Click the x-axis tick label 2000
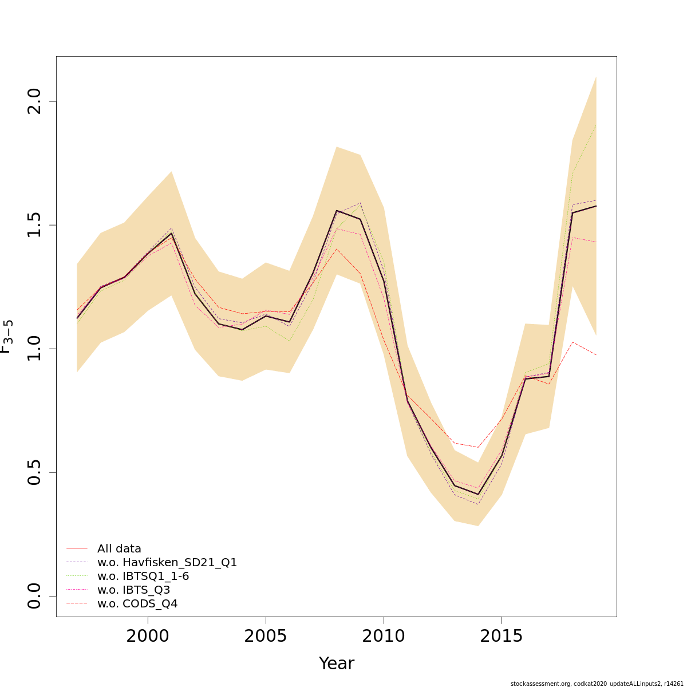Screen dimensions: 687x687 [148, 636]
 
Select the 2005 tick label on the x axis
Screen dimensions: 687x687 [266, 636]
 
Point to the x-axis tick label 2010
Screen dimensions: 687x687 [384, 636]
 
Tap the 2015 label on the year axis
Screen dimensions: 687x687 [502, 636]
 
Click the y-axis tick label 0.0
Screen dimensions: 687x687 [34, 596]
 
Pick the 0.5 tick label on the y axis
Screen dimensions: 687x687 [34, 472]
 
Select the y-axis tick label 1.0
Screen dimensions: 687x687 [34, 349]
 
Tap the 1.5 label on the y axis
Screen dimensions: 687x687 [34, 225]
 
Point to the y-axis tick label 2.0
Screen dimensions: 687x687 [34, 101]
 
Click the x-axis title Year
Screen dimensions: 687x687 [337, 664]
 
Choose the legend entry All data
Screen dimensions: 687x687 [119, 548]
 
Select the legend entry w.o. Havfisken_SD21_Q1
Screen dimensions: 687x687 [167, 562]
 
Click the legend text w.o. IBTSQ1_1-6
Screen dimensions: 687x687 [143, 576]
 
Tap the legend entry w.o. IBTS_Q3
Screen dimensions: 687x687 [133, 590]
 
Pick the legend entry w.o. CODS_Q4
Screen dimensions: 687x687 [137, 603]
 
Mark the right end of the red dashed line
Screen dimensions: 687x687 [596, 355]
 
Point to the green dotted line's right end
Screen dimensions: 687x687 [596, 125]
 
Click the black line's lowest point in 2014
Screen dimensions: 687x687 [478, 494]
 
